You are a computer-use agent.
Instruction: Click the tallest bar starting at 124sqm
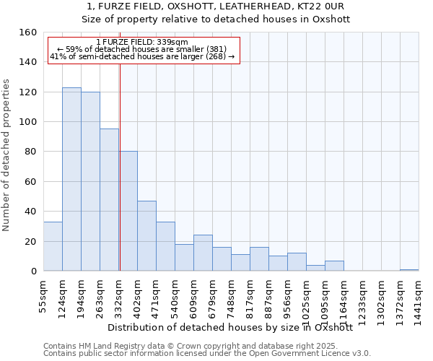pos(71,179)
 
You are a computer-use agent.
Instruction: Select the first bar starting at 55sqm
pos(53,246)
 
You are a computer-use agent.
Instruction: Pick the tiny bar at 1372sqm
pos(409,270)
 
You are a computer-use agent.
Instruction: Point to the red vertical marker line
pos(120,166)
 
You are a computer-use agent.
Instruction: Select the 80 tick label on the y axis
pos(31,152)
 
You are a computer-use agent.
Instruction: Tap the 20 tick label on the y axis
pos(31,241)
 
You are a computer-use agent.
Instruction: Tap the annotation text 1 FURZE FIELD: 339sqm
pos(142,43)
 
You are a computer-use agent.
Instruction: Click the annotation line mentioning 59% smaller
pos(142,49)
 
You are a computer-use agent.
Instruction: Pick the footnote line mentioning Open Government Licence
pos(207,353)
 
